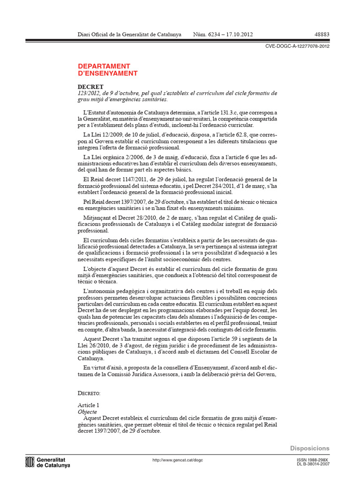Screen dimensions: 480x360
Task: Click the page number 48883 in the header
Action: click(321, 35)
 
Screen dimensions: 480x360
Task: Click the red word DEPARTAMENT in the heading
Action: click(104, 66)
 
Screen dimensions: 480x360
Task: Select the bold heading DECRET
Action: click(90, 87)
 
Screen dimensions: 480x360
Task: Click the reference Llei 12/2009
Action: click(100, 135)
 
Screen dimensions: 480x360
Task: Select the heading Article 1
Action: click(88, 405)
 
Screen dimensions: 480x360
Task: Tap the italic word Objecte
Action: click(87, 412)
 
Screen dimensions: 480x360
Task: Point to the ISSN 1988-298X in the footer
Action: click(313, 460)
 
